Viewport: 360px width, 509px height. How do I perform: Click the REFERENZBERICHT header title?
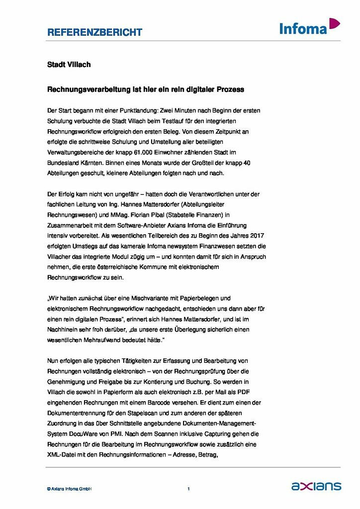click(94, 32)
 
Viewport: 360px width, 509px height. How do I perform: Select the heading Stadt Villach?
click(69, 65)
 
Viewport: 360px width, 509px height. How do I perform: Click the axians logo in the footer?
click(316, 486)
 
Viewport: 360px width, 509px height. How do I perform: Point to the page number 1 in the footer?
click(188, 489)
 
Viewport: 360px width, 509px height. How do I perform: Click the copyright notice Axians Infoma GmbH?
click(69, 489)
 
